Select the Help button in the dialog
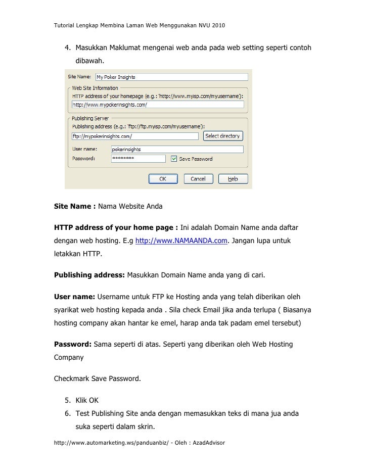point(232,179)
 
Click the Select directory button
point(223,136)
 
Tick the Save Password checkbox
point(174,159)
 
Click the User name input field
point(177,149)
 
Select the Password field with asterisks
point(138,159)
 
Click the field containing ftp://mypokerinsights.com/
point(134,136)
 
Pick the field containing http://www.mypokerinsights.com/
point(158,105)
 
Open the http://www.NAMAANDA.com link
point(181,240)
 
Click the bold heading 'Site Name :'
point(75,207)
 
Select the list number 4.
point(67,48)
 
